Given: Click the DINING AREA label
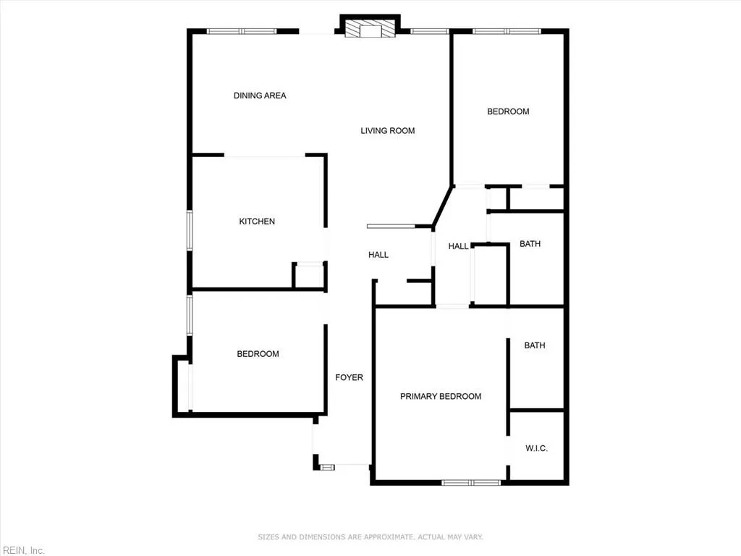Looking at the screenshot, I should [x=260, y=96].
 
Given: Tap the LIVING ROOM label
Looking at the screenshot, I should [x=388, y=131].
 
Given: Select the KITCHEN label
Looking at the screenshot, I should [x=257, y=222].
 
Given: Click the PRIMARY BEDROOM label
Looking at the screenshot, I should [x=441, y=397].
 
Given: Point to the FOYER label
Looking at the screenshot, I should [x=349, y=377].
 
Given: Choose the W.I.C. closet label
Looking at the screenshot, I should [x=536, y=449].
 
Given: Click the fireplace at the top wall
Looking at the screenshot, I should [x=370, y=29].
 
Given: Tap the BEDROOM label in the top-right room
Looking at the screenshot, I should [x=508, y=111].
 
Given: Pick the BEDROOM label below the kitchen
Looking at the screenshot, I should [x=258, y=354].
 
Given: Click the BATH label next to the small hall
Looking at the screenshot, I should [x=530, y=244].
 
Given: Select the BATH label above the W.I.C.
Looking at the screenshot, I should [x=535, y=346].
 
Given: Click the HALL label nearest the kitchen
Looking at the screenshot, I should [x=378, y=255].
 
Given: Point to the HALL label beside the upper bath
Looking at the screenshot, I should [x=458, y=247].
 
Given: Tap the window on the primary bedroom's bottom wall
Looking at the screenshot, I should [x=471, y=482].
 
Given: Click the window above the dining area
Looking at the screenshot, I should [x=242, y=31].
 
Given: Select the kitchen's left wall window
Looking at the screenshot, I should [x=190, y=231].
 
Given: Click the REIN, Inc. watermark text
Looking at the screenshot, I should [x=22, y=550].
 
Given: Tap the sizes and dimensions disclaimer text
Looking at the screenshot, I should [x=370, y=537].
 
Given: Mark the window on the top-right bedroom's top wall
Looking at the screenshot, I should [x=507, y=31].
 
